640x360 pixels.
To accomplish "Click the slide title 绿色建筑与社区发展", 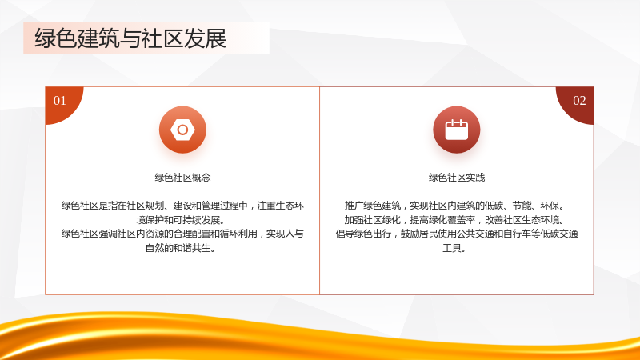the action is coord(130,38).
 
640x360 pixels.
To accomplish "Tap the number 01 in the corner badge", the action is coord(59,101).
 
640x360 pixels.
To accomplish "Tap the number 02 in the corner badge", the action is coord(579,101).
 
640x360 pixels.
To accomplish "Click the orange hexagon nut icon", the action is coord(182,130).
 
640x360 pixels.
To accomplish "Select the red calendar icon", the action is coord(456,130).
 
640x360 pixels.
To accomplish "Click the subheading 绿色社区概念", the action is coord(182,178).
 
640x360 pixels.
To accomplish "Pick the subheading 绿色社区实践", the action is coord(456,178).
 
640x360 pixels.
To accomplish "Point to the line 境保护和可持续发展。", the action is coord(181,220).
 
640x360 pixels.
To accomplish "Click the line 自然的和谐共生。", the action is coord(181,248).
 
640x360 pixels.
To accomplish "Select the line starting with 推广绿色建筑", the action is coord(455,206).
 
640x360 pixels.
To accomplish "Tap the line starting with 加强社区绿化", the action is coord(455,220).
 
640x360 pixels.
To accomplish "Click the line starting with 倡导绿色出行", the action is coord(457,234).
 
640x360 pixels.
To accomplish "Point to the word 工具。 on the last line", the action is coord(454,248).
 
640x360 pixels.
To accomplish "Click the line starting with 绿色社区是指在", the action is coord(182,206).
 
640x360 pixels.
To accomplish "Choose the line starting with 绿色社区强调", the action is coord(182,234).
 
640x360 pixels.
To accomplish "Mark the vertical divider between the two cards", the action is coord(319,190).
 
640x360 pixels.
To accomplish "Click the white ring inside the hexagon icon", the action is coord(182,130).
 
